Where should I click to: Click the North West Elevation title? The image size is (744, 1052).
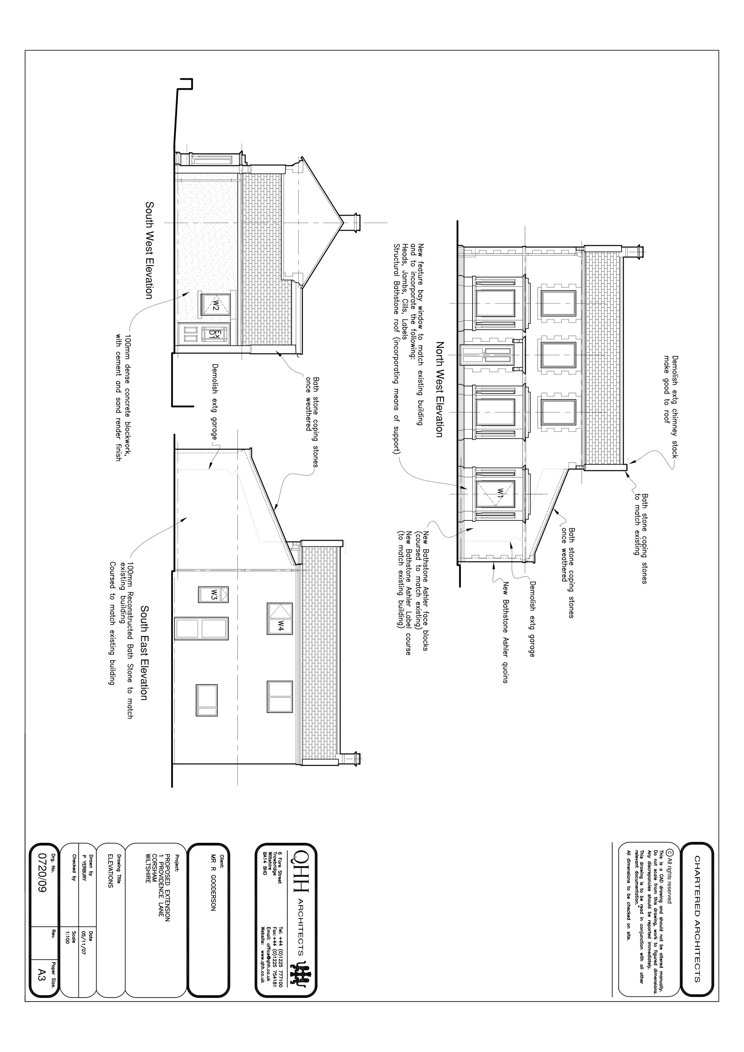point(439,389)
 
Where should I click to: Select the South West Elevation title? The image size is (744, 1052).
point(149,250)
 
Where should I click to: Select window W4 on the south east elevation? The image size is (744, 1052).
point(280,618)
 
